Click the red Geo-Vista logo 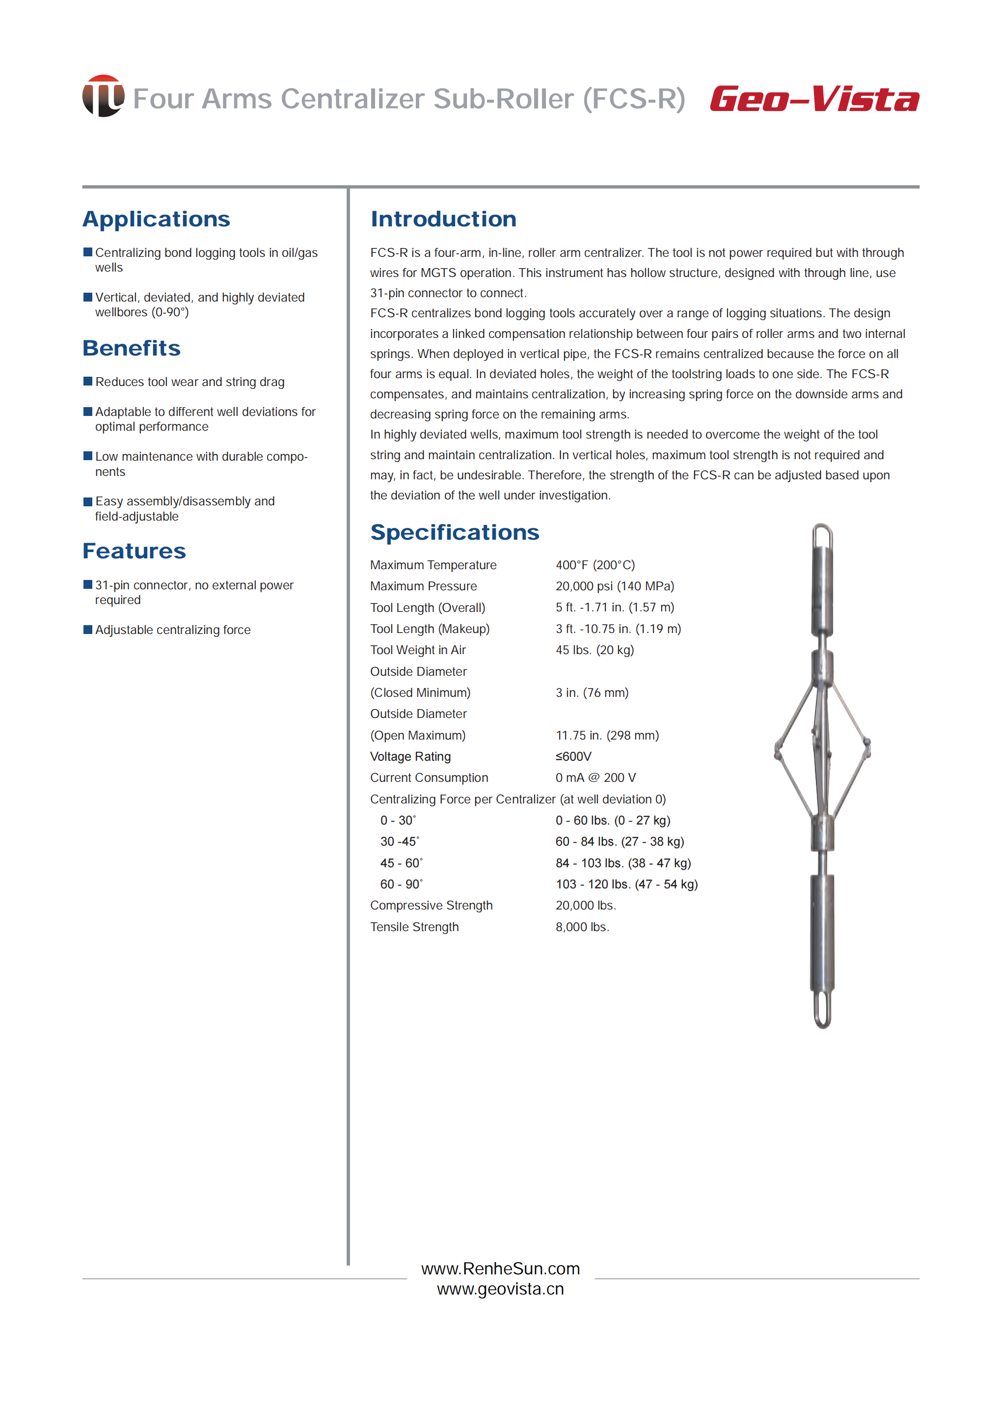click(814, 99)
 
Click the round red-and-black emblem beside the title click(103, 96)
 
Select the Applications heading click(156, 219)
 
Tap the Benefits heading click(132, 348)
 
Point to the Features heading click(134, 551)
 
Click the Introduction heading click(443, 219)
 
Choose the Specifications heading click(454, 532)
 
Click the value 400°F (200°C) click(595, 565)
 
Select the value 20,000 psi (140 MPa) click(615, 586)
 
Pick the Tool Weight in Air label click(418, 650)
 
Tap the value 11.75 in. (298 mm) click(607, 735)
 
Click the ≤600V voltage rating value click(573, 757)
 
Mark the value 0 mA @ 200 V click(596, 778)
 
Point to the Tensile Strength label click(414, 927)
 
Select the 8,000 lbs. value click(582, 927)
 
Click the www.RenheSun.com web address click(500, 1268)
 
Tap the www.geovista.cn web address click(500, 1289)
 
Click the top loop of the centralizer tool click(822, 534)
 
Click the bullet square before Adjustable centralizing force click(87, 630)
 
